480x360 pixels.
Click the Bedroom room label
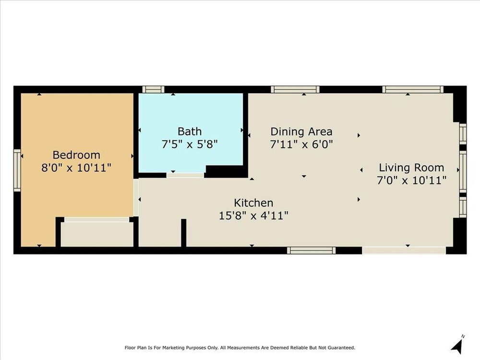[76, 155]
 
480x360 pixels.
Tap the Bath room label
[190, 132]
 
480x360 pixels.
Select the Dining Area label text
[301, 132]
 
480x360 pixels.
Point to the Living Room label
[411, 168]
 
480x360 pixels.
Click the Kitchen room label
[253, 203]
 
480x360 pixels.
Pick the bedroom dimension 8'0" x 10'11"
[76, 168]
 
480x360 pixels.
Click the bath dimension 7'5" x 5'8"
[190, 144]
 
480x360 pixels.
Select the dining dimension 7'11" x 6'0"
[301, 144]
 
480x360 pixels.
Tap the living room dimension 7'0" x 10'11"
[411, 180]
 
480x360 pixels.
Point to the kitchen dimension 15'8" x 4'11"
[253, 216]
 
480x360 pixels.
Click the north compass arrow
[457, 345]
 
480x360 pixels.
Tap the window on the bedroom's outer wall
[17, 170]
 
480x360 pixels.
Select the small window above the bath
[154, 89]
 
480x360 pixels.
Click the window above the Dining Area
[295, 89]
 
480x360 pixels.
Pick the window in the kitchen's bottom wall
[312, 251]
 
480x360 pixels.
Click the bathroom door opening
[185, 175]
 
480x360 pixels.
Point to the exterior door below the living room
[404, 251]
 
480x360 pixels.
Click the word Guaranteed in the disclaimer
[341, 348]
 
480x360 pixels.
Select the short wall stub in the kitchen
[184, 233]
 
